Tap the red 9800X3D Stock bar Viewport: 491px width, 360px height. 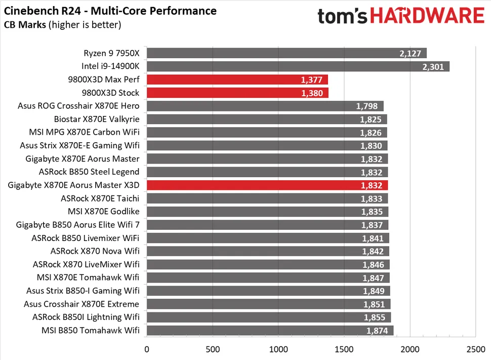pyautogui.click(x=237, y=93)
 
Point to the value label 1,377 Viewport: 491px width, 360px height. pyautogui.click(x=313, y=79)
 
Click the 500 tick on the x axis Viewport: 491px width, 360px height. pyautogui.click(x=213, y=349)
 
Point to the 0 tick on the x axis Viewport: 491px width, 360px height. pyautogui.click(x=147, y=349)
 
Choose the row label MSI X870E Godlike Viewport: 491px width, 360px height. pyautogui.click(x=103, y=211)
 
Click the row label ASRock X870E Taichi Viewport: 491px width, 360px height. pyautogui.click(x=100, y=198)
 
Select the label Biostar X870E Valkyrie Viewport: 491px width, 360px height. pyautogui.click(x=96, y=119)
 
